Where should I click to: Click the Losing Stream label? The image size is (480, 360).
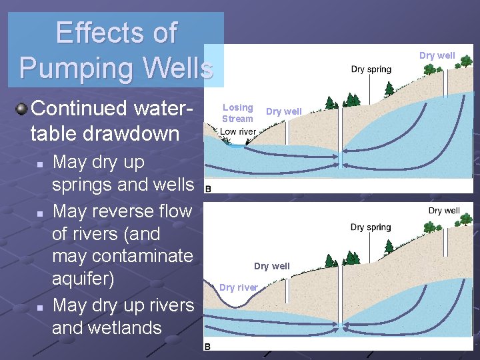coord(237,113)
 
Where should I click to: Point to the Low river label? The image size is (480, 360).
coord(238,132)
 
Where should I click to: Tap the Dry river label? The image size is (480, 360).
coord(239,287)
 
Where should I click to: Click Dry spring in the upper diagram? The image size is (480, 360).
coord(371,69)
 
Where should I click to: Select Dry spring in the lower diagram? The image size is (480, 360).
coord(371,227)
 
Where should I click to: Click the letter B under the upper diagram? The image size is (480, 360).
coord(208,189)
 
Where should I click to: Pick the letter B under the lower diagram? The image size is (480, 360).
coord(208,347)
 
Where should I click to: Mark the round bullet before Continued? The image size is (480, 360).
coord(22,108)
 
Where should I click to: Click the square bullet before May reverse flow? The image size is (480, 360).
coord(41,213)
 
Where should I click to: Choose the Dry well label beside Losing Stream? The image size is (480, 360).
coord(284,111)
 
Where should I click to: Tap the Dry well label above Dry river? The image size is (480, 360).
coord(272,266)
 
